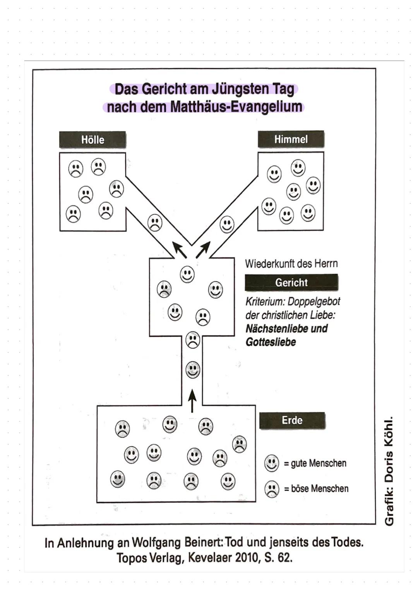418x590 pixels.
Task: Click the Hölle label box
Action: (x=93, y=140)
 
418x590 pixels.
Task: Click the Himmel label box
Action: (x=291, y=139)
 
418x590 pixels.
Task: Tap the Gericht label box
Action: (x=291, y=282)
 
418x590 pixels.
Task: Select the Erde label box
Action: (x=292, y=420)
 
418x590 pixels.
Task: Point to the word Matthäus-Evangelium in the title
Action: (x=236, y=107)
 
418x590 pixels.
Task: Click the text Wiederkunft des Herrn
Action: (x=291, y=264)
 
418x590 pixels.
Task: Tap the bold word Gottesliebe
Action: (x=271, y=342)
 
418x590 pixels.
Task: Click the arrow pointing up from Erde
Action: (x=192, y=401)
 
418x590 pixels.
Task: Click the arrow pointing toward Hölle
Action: (x=180, y=250)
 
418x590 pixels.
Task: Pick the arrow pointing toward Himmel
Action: (x=203, y=250)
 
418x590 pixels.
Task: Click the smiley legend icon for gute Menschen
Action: (x=272, y=463)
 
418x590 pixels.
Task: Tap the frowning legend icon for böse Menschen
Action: (x=272, y=489)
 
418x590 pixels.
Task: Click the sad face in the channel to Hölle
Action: (x=155, y=223)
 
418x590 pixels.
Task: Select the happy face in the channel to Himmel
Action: (x=227, y=224)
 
